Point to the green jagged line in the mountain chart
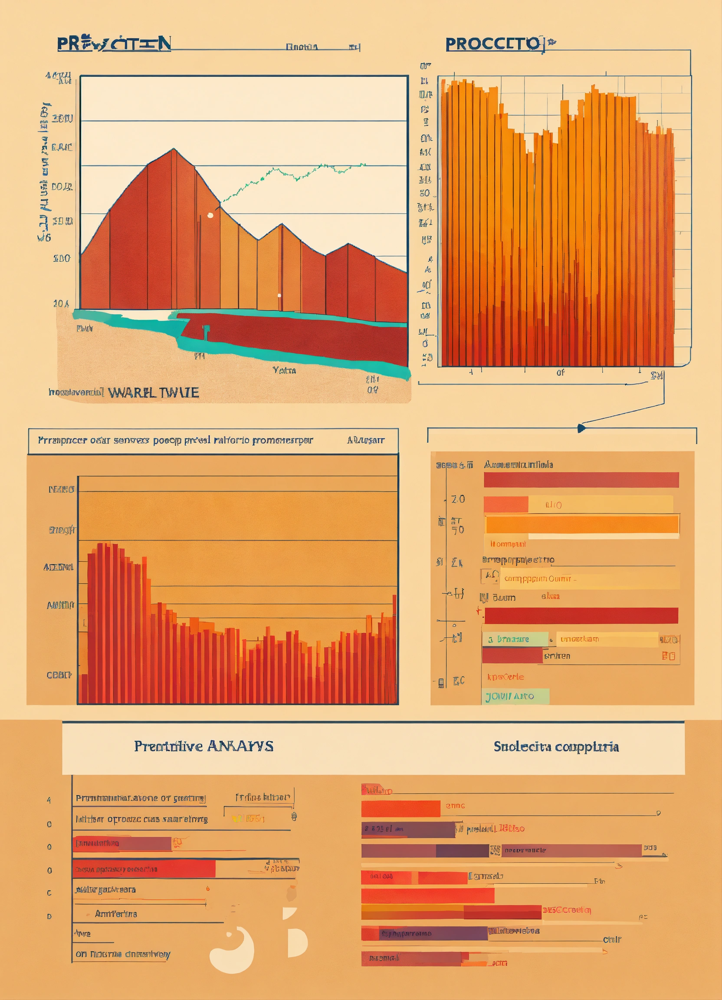tap(291, 174)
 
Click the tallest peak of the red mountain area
tap(174, 149)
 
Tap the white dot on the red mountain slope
tap(210, 215)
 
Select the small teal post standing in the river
tap(206, 332)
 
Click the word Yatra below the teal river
tap(284, 370)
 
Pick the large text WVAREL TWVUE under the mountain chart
tap(153, 392)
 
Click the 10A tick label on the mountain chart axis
tap(61, 303)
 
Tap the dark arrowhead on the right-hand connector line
tap(581, 428)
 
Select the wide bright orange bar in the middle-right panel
tap(581, 525)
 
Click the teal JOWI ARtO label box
tap(515, 697)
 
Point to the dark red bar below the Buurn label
tap(581, 615)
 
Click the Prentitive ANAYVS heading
tap(203, 746)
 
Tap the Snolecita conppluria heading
tap(556, 747)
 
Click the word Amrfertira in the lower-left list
tap(116, 914)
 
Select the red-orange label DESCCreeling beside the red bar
tap(566, 910)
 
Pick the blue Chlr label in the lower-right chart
tap(612, 940)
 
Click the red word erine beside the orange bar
tap(455, 806)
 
